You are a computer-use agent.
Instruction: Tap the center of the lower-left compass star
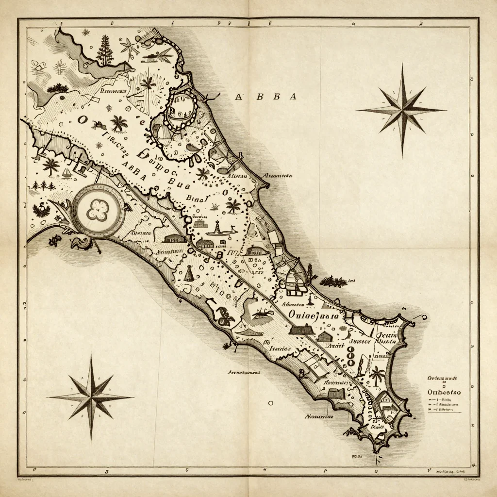(91, 397)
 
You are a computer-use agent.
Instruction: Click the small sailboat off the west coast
(66, 173)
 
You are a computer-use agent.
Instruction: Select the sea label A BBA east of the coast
(265, 97)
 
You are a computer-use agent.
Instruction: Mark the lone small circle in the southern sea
(270, 402)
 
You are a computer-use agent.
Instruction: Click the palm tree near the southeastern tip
(377, 375)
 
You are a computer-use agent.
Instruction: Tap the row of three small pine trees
(43, 185)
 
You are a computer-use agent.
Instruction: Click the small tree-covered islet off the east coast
(333, 281)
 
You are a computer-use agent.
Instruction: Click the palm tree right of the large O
(118, 123)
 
